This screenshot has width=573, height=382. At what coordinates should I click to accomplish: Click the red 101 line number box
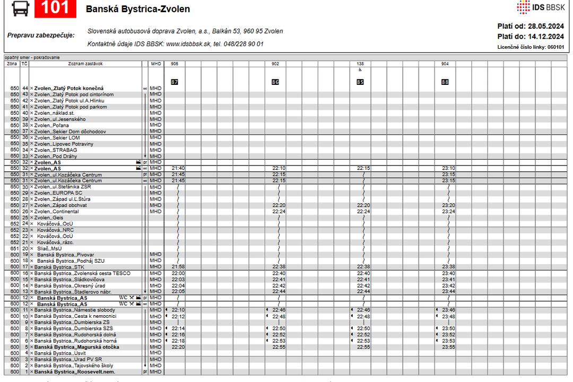(55, 8)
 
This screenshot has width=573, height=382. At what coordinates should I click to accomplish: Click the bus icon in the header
(20, 8)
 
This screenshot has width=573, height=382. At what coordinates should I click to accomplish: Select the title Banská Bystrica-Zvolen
(137, 10)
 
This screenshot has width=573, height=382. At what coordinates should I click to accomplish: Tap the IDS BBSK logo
(541, 7)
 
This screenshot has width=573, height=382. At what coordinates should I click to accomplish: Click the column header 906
(175, 64)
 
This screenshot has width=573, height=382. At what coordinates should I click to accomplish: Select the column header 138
(360, 64)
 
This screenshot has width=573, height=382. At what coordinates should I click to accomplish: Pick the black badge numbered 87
(175, 82)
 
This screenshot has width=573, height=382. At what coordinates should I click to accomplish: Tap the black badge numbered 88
(445, 82)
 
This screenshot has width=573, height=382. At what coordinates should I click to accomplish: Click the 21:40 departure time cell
(178, 168)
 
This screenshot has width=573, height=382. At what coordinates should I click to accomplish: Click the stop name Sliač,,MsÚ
(49, 248)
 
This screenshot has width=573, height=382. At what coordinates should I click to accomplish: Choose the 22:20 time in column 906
(178, 347)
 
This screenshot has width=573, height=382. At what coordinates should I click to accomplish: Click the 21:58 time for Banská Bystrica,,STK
(178, 267)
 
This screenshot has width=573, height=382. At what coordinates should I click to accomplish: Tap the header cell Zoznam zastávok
(85, 64)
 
